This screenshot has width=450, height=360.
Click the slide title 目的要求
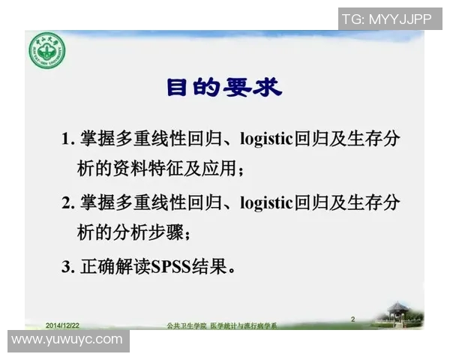[x=224, y=88]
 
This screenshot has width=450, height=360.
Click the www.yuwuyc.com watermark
[x=67, y=340]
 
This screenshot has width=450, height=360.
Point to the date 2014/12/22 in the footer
[x=62, y=325]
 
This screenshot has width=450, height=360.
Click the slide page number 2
[x=353, y=319]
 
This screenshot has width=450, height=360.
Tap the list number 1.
[x=67, y=139]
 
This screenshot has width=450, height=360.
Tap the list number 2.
[x=67, y=203]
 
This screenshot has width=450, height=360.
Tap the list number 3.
[x=67, y=267]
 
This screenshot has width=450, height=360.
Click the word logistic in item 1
[x=267, y=139]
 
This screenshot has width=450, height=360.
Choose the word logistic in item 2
[x=267, y=203]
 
